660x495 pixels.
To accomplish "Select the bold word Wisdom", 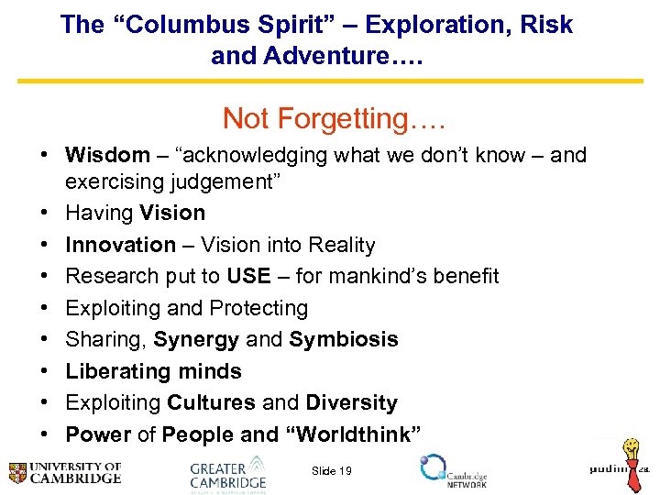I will (107, 155).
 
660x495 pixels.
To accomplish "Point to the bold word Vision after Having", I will (172, 213).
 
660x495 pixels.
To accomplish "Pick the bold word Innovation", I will (120, 245).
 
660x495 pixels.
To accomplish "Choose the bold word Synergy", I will (196, 339).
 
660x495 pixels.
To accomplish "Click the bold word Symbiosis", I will (344, 339).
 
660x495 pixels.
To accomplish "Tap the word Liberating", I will (109, 371).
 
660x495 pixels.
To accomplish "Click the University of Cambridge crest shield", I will (17, 473).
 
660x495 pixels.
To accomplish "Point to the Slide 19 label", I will (331, 470).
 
